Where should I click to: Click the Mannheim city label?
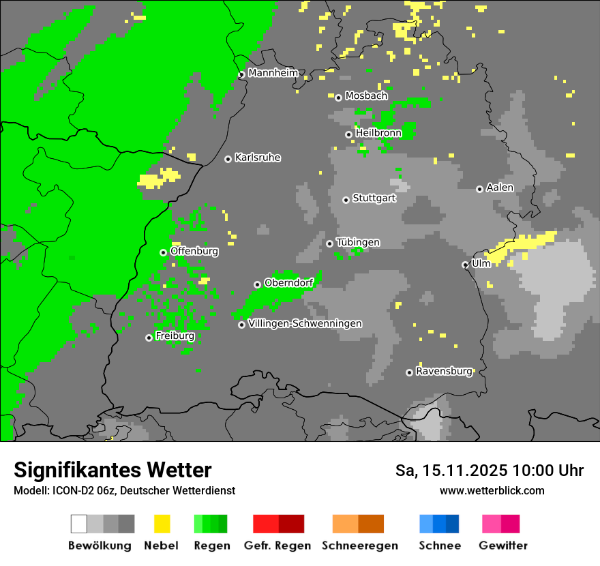tap(273, 73)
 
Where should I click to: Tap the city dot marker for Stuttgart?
tap(346, 200)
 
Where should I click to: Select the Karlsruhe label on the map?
tap(257, 158)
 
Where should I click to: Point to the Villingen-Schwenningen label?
tap(305, 323)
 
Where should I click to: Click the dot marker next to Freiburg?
tap(149, 338)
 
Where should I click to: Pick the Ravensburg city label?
tap(444, 372)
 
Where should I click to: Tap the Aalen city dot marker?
tap(479, 189)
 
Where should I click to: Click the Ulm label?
tap(481, 263)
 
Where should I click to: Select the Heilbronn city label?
tap(378, 133)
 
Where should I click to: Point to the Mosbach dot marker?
tap(338, 98)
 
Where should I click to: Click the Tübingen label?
tap(358, 242)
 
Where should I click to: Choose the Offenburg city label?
tap(194, 251)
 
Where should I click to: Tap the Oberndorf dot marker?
tap(257, 284)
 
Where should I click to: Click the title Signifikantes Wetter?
tap(112, 470)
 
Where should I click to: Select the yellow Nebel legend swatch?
tap(162, 524)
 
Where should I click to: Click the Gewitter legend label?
tap(503, 546)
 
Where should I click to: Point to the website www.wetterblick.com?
tap(492, 490)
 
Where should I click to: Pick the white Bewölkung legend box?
tap(79, 524)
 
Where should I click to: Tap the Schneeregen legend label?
tap(359, 546)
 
